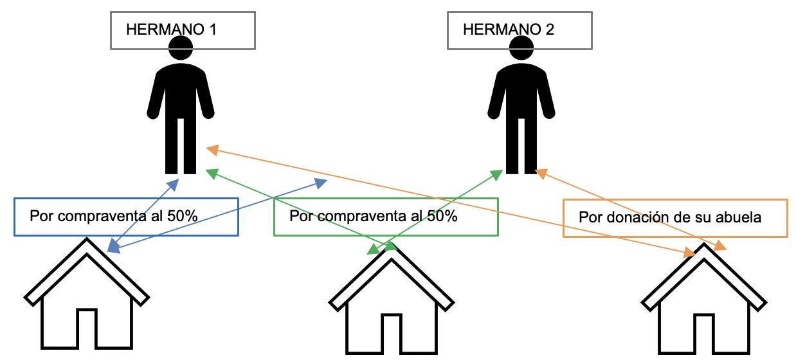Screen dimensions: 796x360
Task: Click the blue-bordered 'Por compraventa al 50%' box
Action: pyautogui.click(x=126, y=216)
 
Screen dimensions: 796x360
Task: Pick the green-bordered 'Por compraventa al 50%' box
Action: pyautogui.click(x=386, y=216)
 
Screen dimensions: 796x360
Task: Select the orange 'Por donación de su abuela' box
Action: pyautogui.click(x=675, y=218)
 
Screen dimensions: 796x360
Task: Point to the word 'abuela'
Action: pyautogui.click(x=742, y=217)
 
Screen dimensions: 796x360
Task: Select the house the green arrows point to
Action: pyautogui.click(x=392, y=309)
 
